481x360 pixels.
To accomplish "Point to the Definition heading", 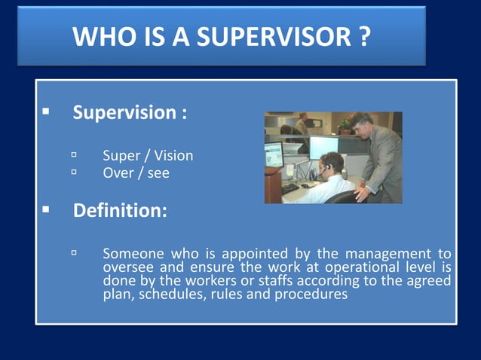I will [120, 211].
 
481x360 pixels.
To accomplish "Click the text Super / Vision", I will [148, 156].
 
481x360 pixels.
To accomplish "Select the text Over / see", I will [136, 172].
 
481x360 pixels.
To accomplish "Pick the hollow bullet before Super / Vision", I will [75, 155].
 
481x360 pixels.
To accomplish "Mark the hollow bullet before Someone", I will [75, 253].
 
